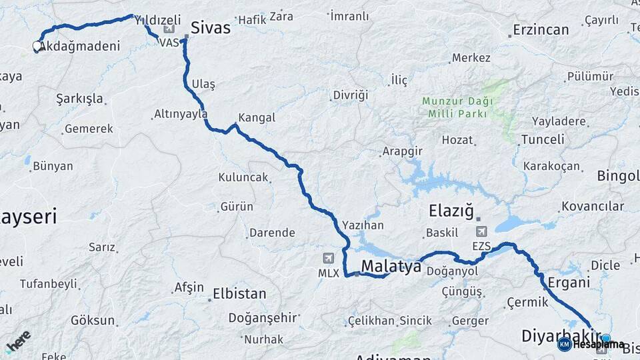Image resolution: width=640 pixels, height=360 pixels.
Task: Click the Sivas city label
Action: (x=210, y=28)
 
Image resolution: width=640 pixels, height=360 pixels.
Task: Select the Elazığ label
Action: (x=451, y=212)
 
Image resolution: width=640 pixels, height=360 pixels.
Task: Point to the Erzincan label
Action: (x=541, y=30)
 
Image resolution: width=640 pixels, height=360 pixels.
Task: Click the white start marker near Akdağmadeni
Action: (x=37, y=46)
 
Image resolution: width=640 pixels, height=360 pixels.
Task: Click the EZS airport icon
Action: (x=481, y=231)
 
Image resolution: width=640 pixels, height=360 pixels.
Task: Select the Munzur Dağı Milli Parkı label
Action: (x=457, y=107)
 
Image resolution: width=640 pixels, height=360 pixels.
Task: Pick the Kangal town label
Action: (x=257, y=118)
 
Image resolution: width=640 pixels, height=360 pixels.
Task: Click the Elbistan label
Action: (x=239, y=293)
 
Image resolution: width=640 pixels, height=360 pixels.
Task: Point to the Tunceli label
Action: (x=543, y=139)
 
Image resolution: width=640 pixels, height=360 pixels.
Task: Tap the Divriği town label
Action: (x=351, y=95)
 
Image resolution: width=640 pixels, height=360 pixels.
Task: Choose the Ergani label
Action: (x=569, y=282)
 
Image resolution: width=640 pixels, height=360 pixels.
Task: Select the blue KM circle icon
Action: (x=564, y=344)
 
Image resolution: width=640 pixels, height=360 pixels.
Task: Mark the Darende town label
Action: (x=271, y=233)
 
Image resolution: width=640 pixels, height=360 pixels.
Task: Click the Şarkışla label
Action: (x=80, y=99)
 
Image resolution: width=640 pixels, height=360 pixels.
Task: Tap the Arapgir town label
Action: (x=403, y=151)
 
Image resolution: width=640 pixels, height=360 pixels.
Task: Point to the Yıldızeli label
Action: (x=158, y=21)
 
